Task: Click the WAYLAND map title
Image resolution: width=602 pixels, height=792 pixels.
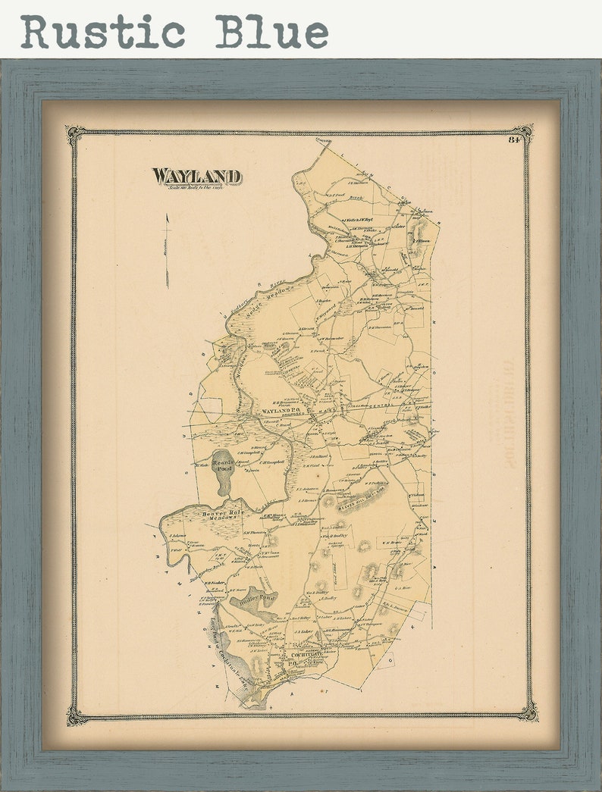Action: click(197, 177)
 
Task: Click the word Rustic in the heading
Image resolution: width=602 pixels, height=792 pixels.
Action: click(103, 32)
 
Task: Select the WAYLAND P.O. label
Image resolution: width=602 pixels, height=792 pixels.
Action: click(282, 411)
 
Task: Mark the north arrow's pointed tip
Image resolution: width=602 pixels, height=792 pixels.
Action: click(167, 215)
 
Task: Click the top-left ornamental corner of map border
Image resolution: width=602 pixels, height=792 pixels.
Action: click(75, 135)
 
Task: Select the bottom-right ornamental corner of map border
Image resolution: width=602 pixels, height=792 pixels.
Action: click(528, 711)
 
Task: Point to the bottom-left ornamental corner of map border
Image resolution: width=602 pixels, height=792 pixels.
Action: click(75, 714)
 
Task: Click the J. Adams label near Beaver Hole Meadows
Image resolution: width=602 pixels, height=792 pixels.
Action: click(178, 536)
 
